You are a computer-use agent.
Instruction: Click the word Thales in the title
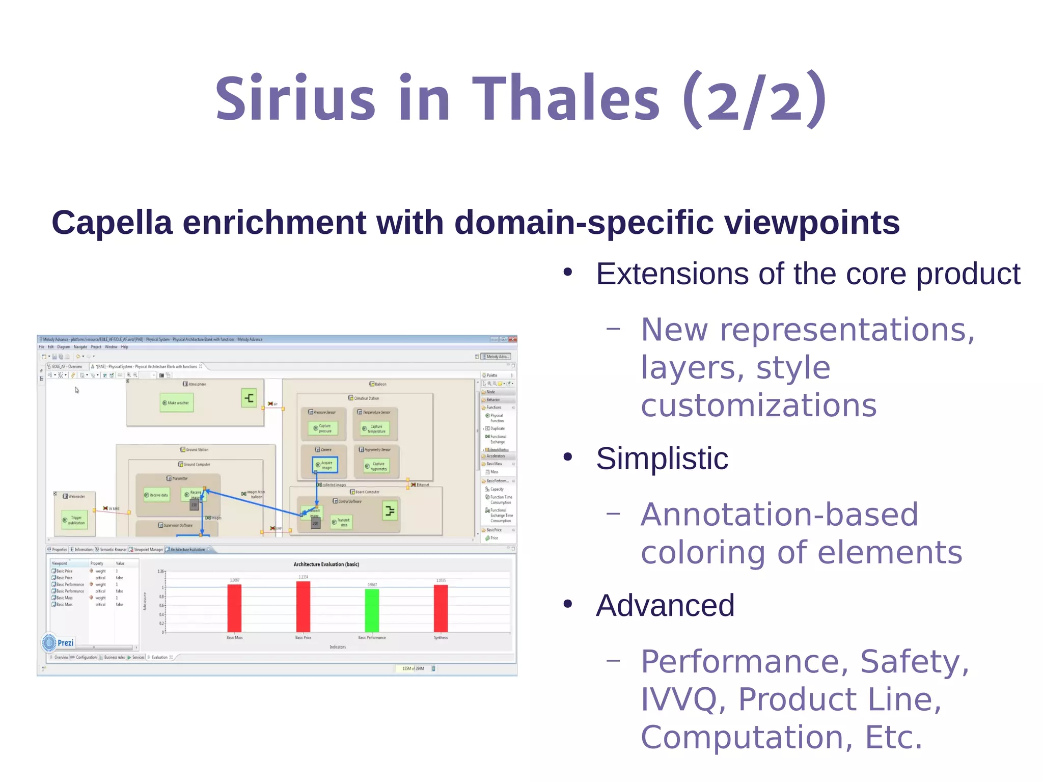tap(566, 98)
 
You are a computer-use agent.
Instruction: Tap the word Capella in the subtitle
tap(112, 223)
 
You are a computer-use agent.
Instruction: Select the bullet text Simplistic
tap(662, 459)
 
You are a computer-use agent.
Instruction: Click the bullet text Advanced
tap(665, 605)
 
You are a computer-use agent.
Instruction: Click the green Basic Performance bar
tap(372, 610)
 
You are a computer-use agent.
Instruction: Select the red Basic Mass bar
tap(234, 608)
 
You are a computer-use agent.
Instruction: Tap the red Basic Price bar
tap(303, 606)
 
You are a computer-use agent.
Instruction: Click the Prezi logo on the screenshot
tap(58, 643)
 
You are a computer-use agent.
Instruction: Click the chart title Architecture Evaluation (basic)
tap(326, 564)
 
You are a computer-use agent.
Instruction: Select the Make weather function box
tap(176, 402)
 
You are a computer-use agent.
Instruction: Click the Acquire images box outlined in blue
tap(324, 465)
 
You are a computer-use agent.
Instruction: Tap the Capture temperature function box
tap(375, 428)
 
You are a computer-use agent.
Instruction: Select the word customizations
tap(758, 406)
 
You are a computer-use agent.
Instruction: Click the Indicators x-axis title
tap(338, 647)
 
